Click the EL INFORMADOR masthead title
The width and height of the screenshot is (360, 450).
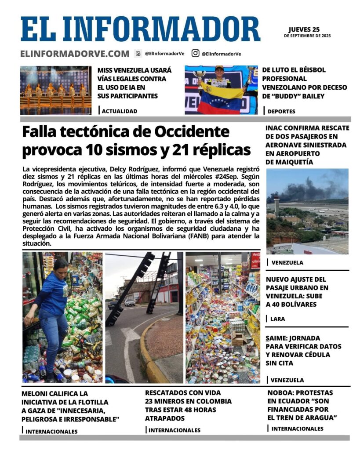pyautogui.click(x=140, y=29)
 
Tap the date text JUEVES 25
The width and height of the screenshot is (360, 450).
pyautogui.click(x=304, y=29)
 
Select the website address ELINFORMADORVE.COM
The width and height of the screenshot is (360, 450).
pyautogui.click(x=74, y=54)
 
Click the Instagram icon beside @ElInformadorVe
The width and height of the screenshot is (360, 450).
pyautogui.click(x=195, y=53)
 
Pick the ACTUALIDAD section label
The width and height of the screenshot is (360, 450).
pyautogui.click(x=119, y=112)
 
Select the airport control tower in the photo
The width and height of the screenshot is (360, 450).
pyautogui.click(x=276, y=205)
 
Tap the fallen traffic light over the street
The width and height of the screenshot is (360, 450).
pyautogui.click(x=132, y=286)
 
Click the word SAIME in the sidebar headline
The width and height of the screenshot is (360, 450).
pyautogui.click(x=277, y=338)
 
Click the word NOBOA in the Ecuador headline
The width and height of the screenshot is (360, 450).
pyautogui.click(x=283, y=393)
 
